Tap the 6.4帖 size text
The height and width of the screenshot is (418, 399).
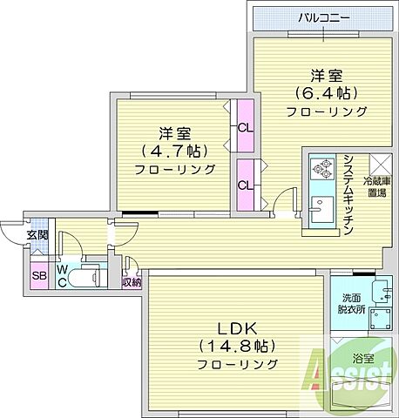327,93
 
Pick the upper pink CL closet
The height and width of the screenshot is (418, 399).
244,125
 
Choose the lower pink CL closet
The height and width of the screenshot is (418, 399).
245,184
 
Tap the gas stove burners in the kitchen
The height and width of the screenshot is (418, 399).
321,166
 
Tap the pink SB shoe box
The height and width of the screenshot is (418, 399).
38,276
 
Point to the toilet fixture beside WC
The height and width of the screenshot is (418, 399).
87,277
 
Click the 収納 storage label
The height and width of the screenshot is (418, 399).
132,281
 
